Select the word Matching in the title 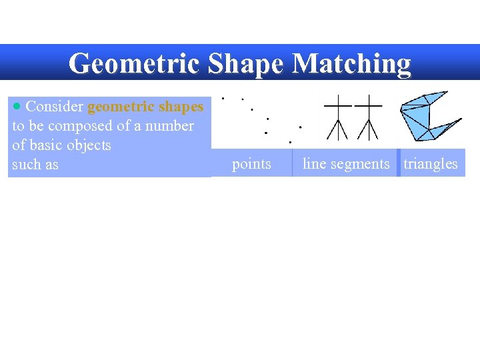[352, 63]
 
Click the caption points [251, 164]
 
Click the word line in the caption [313, 164]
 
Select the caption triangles [431, 164]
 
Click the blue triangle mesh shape [427, 116]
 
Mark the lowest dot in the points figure [290, 142]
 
